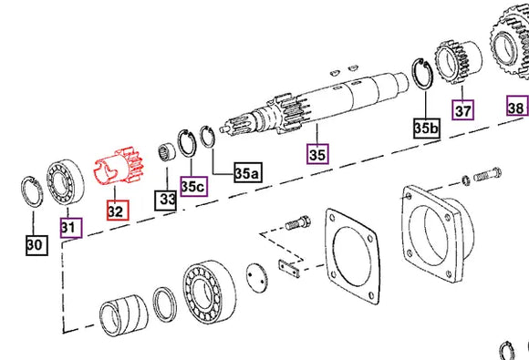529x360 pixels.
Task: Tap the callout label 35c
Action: click(x=192, y=185)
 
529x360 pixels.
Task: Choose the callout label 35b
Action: click(x=426, y=127)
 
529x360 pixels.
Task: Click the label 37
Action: click(x=464, y=110)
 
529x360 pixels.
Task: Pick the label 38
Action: click(x=516, y=107)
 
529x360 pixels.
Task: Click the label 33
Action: click(x=165, y=198)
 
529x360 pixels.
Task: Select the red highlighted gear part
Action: click(x=115, y=171)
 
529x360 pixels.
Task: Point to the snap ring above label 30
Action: click(x=34, y=194)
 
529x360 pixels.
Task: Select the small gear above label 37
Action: click(x=453, y=61)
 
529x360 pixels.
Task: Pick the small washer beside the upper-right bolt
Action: click(x=465, y=177)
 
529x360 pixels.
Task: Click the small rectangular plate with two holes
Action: click(x=288, y=270)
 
